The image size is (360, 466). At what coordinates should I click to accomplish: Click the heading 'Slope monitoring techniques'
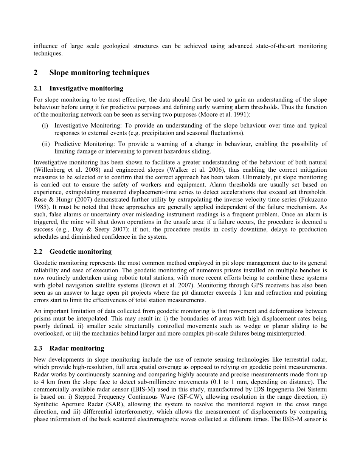click(99, 73)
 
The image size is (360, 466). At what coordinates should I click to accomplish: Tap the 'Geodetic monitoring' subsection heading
click(81, 252)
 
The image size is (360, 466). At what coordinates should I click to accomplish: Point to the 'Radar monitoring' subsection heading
click(77, 348)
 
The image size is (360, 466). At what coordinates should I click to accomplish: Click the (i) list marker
click(45, 126)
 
